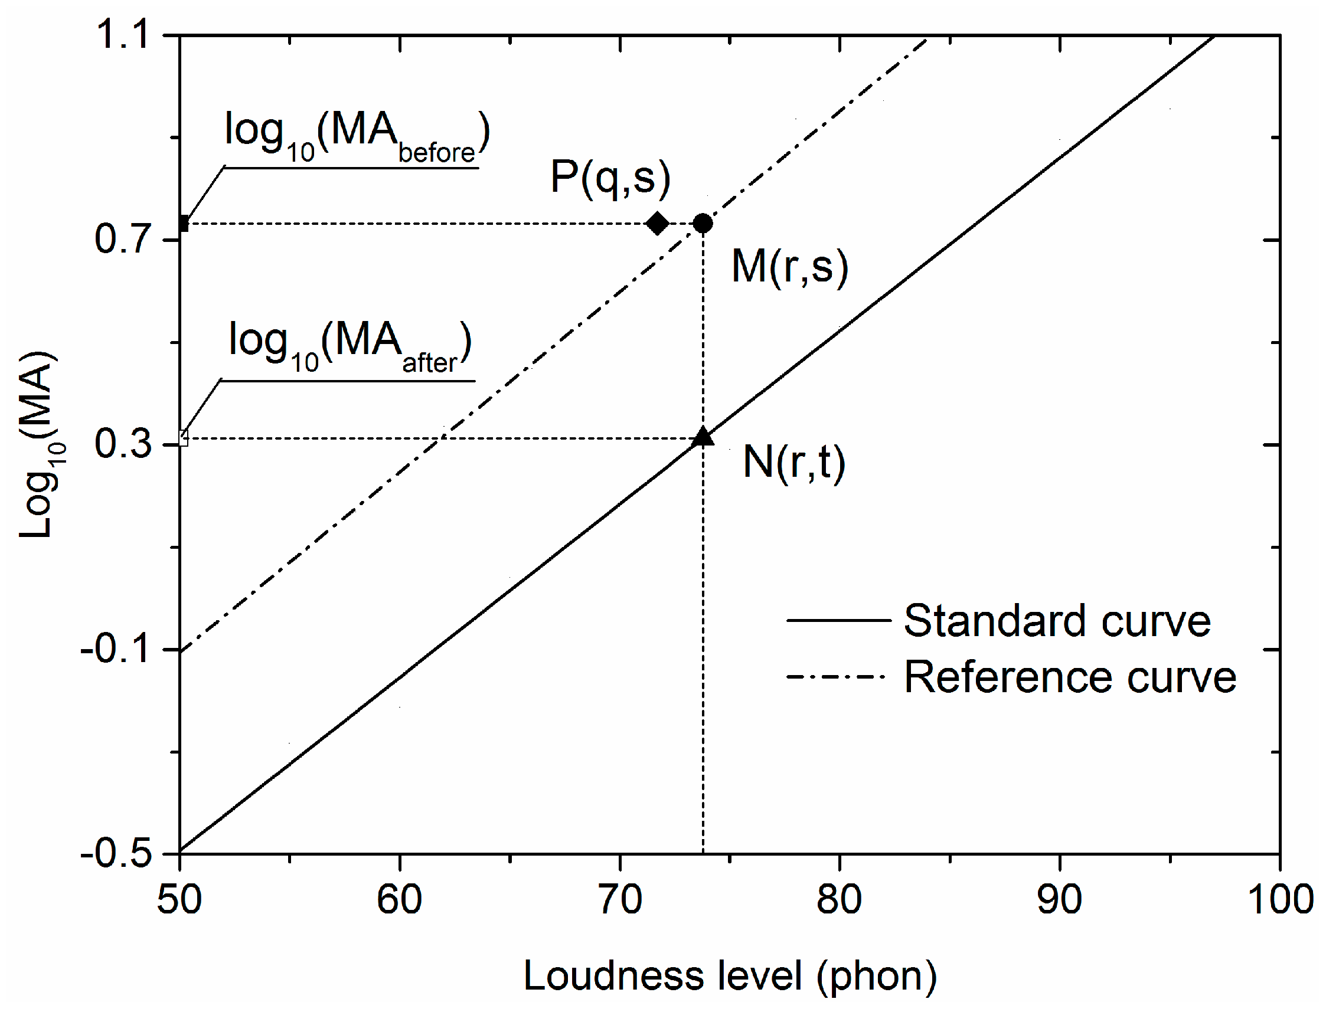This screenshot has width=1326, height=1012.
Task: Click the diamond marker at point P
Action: tap(657, 224)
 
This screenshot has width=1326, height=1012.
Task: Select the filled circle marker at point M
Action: tap(702, 224)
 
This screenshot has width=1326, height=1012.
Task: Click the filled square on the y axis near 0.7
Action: tap(183, 225)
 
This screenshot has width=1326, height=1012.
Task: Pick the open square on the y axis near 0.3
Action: tap(183, 438)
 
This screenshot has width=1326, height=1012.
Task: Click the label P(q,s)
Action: tap(610, 178)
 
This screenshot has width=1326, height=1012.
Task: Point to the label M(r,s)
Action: tap(789, 266)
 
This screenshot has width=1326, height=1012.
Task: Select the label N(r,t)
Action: tap(794, 462)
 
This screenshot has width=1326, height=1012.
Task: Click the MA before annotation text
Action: tap(357, 136)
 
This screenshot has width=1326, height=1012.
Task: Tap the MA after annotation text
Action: tap(350, 346)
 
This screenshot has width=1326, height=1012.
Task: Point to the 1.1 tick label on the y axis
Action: tap(122, 34)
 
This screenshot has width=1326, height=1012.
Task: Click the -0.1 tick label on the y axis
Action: tap(115, 649)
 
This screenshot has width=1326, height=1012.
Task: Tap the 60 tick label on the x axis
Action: tap(399, 900)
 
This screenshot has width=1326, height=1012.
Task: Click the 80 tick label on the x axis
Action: tap(839, 900)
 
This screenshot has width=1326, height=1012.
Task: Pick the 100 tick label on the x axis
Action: tap(1279, 900)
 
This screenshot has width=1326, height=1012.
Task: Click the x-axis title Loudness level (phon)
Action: tap(730, 977)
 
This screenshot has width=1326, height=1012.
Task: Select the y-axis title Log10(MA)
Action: tap(40, 444)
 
